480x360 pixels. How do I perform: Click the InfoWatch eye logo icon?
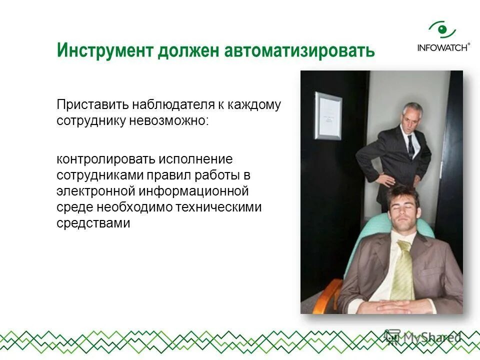pos(442,30)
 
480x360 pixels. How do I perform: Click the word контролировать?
pos(105,159)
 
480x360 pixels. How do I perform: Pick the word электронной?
pos(96,191)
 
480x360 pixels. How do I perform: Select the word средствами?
pos(93,223)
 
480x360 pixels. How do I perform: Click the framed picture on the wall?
pos(328,115)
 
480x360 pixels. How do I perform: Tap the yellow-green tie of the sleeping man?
pos(402,270)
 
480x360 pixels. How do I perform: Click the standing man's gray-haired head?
pos(412,115)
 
